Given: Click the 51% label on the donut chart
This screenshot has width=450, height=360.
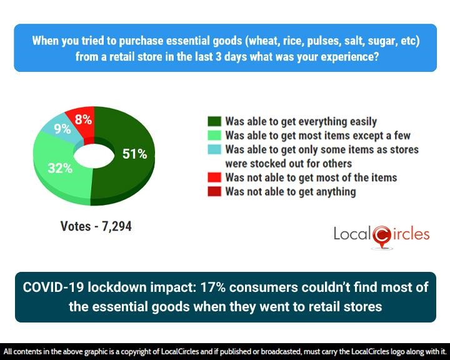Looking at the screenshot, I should [x=134, y=154].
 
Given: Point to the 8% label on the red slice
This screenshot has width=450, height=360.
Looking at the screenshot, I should [x=83, y=119].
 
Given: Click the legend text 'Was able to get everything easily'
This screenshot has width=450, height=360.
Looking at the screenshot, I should [x=301, y=122].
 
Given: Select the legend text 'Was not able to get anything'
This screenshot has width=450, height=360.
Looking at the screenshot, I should [x=290, y=192].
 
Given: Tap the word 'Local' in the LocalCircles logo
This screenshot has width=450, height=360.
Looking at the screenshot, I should [x=352, y=235].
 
